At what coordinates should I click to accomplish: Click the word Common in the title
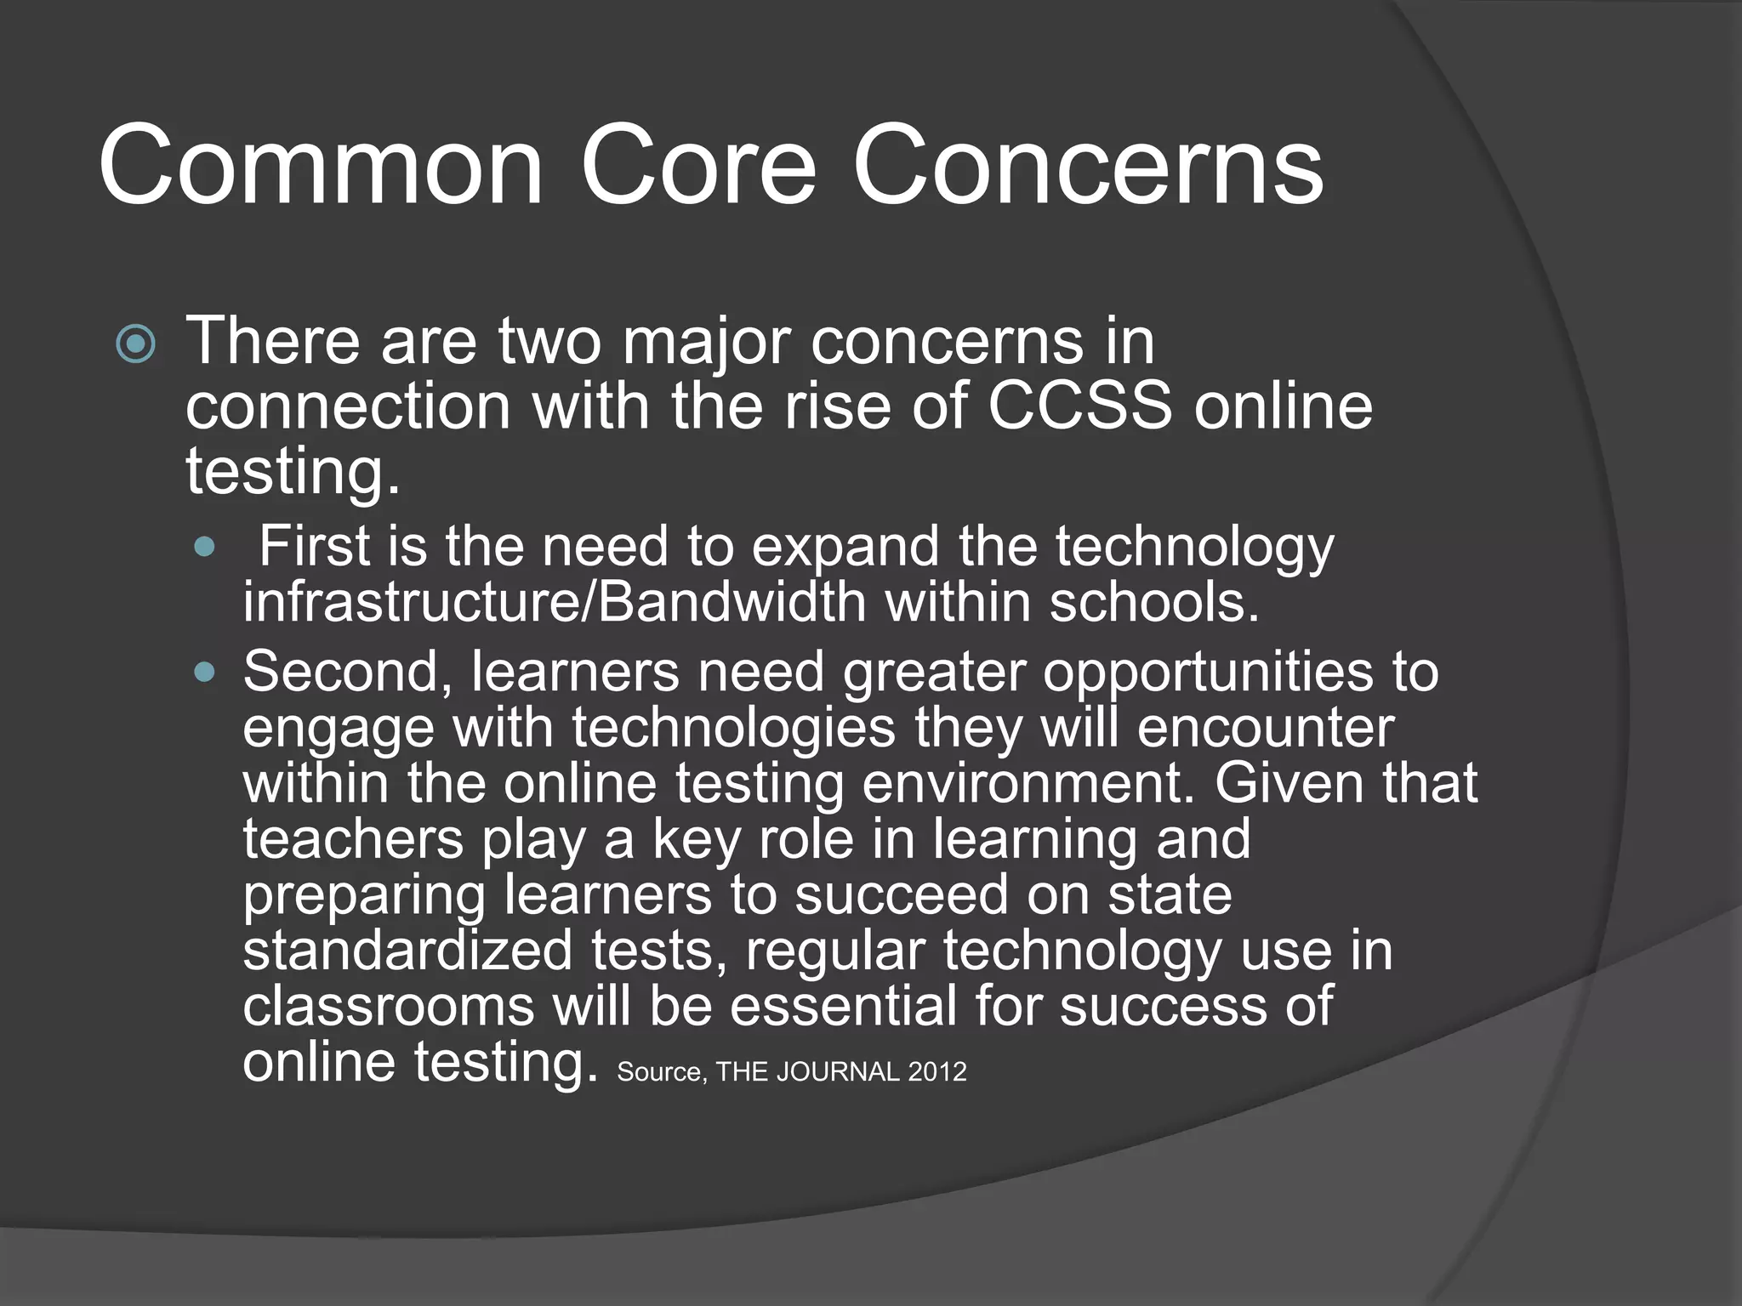(x=321, y=165)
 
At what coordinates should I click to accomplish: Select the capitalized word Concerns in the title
(x=1088, y=165)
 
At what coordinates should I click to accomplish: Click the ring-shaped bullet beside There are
(x=136, y=344)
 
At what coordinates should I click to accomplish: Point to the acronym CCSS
(x=1079, y=406)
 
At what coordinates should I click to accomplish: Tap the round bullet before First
(x=205, y=547)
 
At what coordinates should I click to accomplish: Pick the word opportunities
(x=1209, y=673)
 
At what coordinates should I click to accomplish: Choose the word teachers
(x=354, y=839)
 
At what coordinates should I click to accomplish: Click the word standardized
(x=408, y=951)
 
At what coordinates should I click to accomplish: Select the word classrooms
(x=389, y=1007)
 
